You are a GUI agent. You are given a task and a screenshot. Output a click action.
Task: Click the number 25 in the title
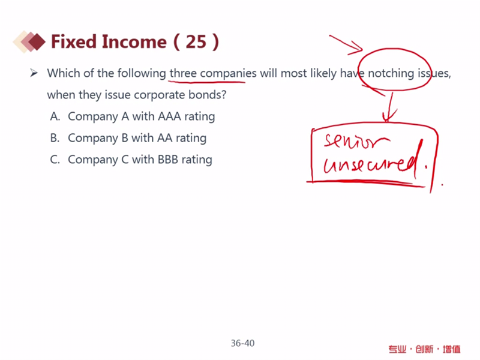pyautogui.click(x=196, y=41)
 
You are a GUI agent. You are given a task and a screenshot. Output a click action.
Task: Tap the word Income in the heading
pyautogui.click(x=134, y=41)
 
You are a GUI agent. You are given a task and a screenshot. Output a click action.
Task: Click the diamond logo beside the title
pyautogui.click(x=29, y=41)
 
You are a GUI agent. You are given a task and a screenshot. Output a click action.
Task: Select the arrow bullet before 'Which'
pyautogui.click(x=34, y=73)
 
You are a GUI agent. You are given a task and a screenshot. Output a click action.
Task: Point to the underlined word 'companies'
pyautogui.click(x=228, y=74)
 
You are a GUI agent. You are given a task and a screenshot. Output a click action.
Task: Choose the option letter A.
pyautogui.click(x=55, y=116)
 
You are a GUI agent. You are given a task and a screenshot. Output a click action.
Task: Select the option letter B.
pyautogui.click(x=55, y=138)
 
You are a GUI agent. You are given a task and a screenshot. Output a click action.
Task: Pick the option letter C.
pyautogui.click(x=55, y=160)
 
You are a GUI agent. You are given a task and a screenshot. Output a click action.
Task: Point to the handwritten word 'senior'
pyautogui.click(x=356, y=141)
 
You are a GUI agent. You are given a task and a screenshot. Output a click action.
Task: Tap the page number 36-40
pyautogui.click(x=242, y=343)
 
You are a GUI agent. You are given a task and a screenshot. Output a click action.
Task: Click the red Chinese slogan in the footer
pyautogui.click(x=425, y=349)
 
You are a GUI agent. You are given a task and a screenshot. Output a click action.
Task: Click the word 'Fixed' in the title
pyautogui.click(x=74, y=41)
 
